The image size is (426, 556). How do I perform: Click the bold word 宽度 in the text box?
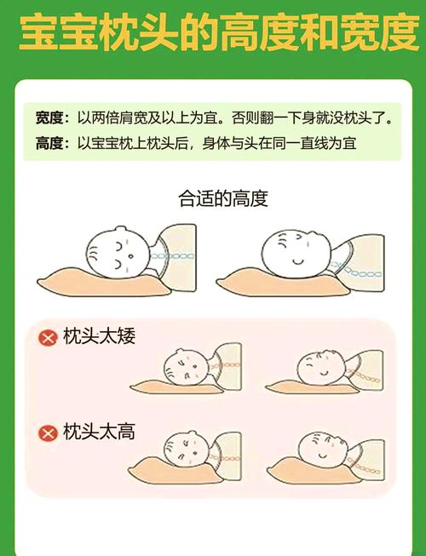49,118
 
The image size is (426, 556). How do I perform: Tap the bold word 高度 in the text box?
49,144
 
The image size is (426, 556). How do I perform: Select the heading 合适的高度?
223,198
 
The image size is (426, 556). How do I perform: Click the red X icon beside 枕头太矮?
48,337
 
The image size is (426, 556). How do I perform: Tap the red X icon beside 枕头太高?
48,433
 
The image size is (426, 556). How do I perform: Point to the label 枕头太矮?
100,335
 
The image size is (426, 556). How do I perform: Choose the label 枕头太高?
100,432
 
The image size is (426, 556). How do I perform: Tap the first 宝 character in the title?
38,32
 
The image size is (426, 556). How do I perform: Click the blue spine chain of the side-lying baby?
172,255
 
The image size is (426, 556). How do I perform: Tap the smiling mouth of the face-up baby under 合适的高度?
298,261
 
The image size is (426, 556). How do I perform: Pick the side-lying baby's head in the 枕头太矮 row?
185,367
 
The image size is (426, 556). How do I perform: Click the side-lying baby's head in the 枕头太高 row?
187,449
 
